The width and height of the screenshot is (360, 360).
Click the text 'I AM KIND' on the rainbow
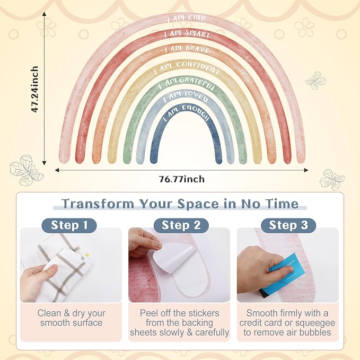(187, 18)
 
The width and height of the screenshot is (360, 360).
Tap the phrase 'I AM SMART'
(187, 34)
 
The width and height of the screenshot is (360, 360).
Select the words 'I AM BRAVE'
(187, 49)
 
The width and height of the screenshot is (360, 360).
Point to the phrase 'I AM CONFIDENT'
(187, 67)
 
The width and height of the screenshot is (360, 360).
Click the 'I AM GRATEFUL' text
(187, 83)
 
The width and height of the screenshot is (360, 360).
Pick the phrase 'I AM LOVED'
(186, 96)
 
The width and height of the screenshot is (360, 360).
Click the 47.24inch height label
(34, 89)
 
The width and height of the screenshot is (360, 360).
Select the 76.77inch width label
(182, 179)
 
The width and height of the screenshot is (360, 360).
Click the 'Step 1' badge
(69, 225)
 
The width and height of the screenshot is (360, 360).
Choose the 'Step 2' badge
(181, 225)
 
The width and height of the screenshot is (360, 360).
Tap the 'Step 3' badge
(288, 225)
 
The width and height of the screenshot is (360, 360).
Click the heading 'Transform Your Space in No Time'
(180, 204)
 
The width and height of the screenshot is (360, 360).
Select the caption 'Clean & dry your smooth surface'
(71, 318)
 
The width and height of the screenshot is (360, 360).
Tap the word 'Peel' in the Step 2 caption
(149, 313)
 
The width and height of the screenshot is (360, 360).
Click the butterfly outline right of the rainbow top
(315, 80)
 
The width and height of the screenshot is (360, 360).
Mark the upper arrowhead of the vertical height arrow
(45, 14)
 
